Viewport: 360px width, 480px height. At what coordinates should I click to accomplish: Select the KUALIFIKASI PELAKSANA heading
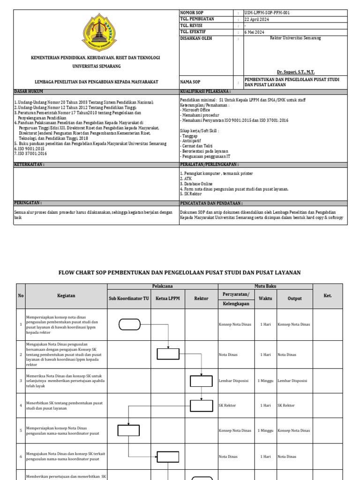coord(205,91)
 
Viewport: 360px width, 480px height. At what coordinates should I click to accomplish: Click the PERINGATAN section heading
coord(28,203)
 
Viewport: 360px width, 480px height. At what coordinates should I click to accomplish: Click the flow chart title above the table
coord(179,272)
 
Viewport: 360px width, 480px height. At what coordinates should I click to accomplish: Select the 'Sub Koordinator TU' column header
coord(129,298)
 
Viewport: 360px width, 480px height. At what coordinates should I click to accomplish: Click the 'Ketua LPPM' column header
coord(168,298)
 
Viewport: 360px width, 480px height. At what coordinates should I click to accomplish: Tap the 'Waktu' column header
coord(265,298)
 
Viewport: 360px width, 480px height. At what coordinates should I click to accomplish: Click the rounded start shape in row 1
coord(130,324)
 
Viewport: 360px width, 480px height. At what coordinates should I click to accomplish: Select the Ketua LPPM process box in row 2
coord(168,354)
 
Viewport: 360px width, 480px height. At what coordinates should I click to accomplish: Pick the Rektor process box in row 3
coord(201,381)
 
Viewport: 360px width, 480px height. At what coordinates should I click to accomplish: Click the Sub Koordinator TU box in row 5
coord(128,430)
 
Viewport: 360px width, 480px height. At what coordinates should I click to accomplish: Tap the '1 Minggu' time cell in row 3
coord(265,381)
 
